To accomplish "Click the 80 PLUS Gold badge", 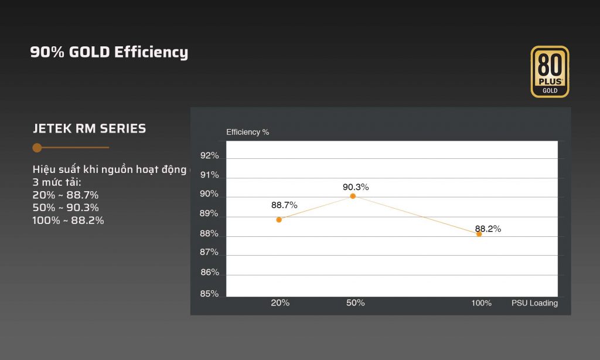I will click(550, 72).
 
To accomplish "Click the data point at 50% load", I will click(353, 196).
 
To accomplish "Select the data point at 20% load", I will click(279, 219).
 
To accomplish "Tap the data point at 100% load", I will click(479, 234).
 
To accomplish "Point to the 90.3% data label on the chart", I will click(356, 187).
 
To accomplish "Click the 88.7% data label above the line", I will click(284, 205).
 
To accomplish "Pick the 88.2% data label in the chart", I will click(488, 229).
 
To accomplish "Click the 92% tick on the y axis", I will click(209, 155).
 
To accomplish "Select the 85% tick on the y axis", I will click(209, 294).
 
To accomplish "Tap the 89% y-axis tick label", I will click(209, 215).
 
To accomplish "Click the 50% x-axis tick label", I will click(356, 303).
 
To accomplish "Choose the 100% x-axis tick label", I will click(482, 303).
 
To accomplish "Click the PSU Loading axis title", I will click(534, 303).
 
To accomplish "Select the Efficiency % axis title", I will click(248, 132).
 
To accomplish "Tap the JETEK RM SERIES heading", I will click(90, 128).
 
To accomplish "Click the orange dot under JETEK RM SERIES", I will click(37, 148).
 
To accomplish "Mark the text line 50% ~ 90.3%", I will click(66, 208).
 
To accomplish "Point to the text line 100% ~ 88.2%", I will click(68, 220).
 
